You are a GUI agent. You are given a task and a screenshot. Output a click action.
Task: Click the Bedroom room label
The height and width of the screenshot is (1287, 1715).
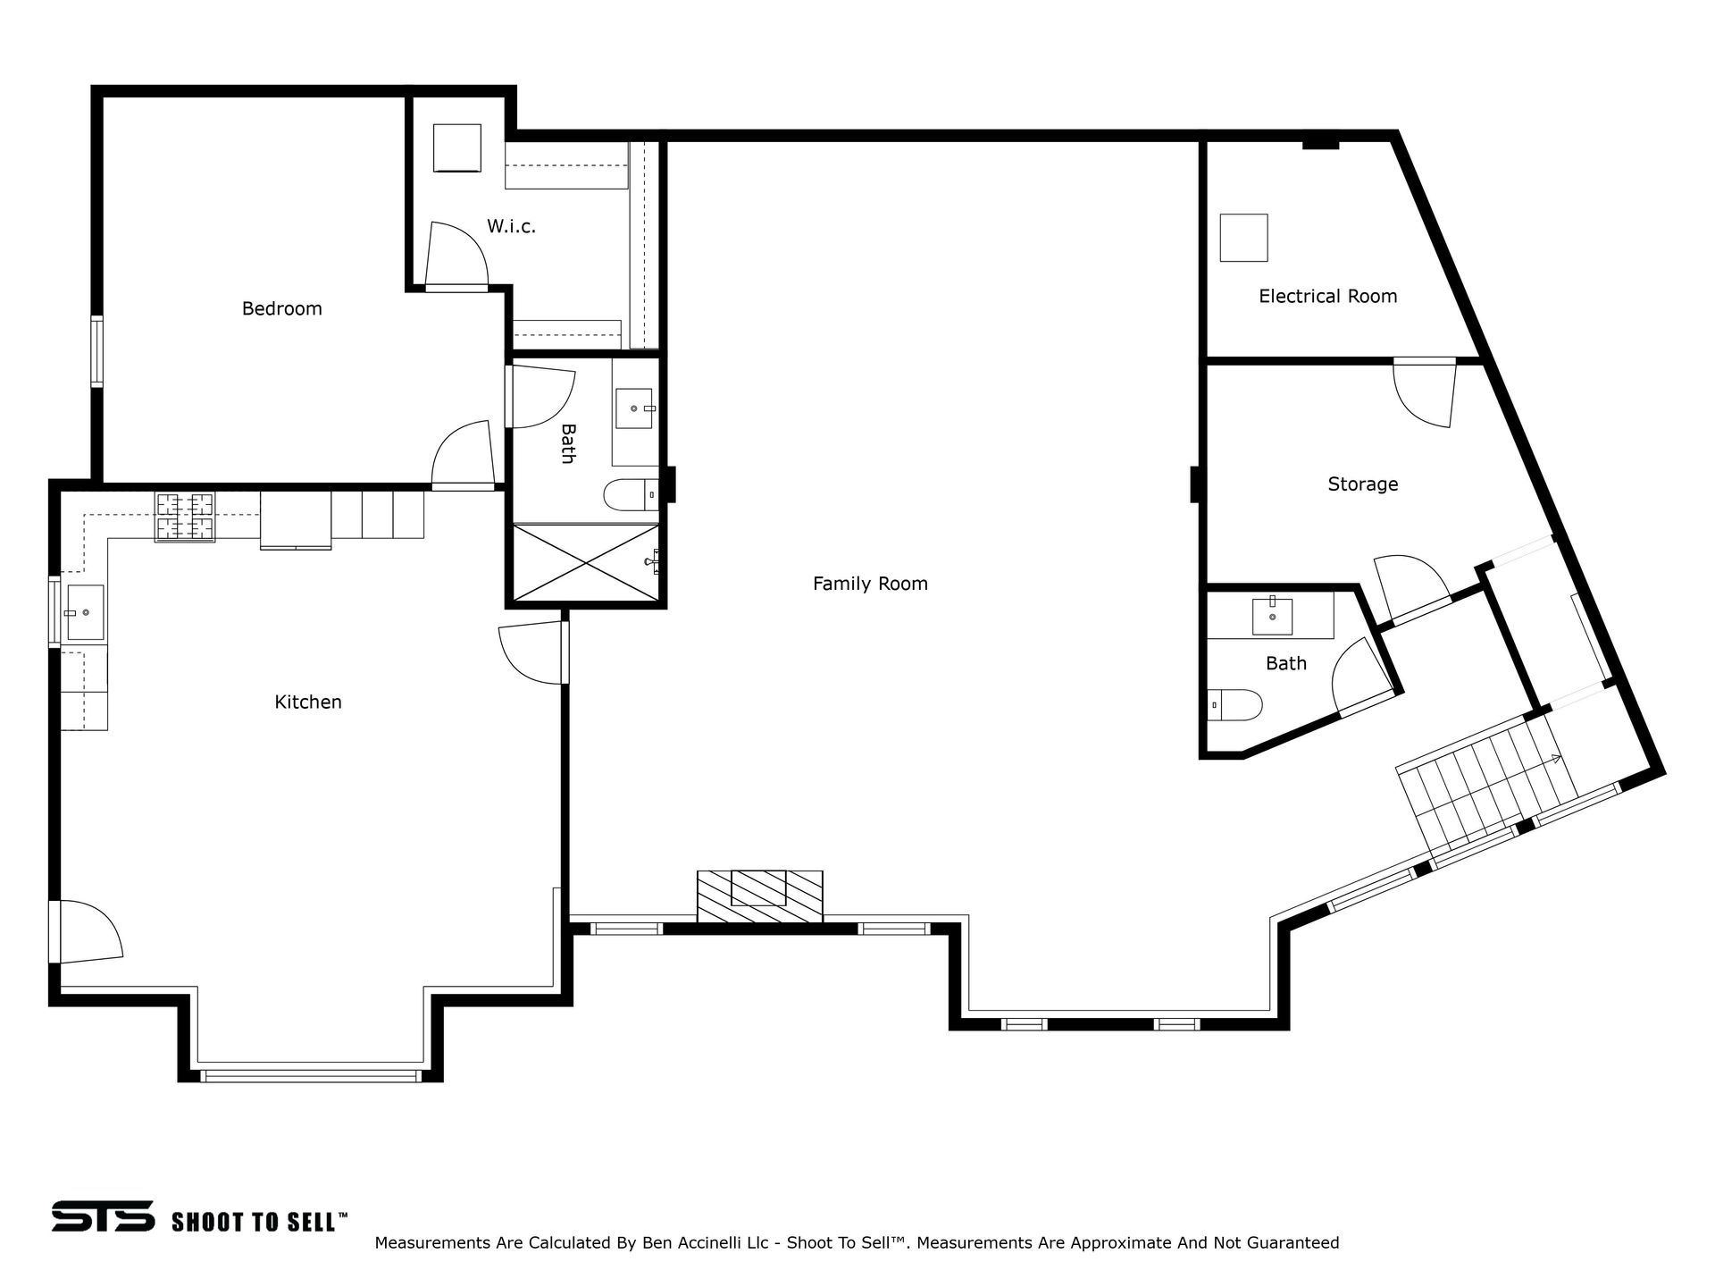[x=281, y=308]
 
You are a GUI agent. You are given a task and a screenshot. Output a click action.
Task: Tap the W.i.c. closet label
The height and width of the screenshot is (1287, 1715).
[x=511, y=226]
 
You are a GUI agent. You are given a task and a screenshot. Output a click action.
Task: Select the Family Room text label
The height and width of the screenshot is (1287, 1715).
[x=870, y=584]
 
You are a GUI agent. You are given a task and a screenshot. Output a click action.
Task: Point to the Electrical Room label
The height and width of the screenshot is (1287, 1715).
[x=1327, y=296]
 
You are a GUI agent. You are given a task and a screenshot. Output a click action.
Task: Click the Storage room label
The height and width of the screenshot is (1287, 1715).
[x=1362, y=484]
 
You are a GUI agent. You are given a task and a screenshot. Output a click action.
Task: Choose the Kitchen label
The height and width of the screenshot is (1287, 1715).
[x=308, y=702]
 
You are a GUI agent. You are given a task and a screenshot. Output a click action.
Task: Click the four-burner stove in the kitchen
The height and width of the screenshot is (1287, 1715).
[x=185, y=517]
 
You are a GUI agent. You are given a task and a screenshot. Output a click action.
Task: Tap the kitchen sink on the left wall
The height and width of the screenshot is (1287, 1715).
[x=85, y=612]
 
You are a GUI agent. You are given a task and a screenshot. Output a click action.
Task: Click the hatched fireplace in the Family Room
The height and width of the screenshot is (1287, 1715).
[x=759, y=896]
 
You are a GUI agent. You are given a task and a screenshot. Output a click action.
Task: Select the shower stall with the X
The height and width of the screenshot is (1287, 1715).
[x=586, y=562]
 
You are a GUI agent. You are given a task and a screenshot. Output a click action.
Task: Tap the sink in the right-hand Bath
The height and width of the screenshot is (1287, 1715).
[x=1272, y=616]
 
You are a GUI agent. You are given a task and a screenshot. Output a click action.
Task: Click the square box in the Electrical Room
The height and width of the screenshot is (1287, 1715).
[x=1244, y=238]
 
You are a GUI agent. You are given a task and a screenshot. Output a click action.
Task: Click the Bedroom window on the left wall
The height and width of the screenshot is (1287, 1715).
[x=97, y=351]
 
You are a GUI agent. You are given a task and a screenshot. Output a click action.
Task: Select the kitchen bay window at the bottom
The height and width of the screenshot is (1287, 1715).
[x=311, y=1075]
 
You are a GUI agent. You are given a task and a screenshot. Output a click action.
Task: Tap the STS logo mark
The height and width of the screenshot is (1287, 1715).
[x=103, y=1216]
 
